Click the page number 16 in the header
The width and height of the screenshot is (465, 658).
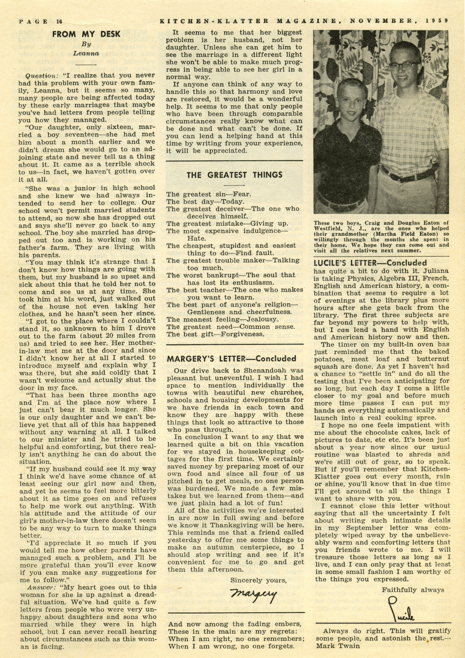click(59, 21)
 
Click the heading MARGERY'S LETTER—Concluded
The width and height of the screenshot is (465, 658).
click(232, 359)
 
